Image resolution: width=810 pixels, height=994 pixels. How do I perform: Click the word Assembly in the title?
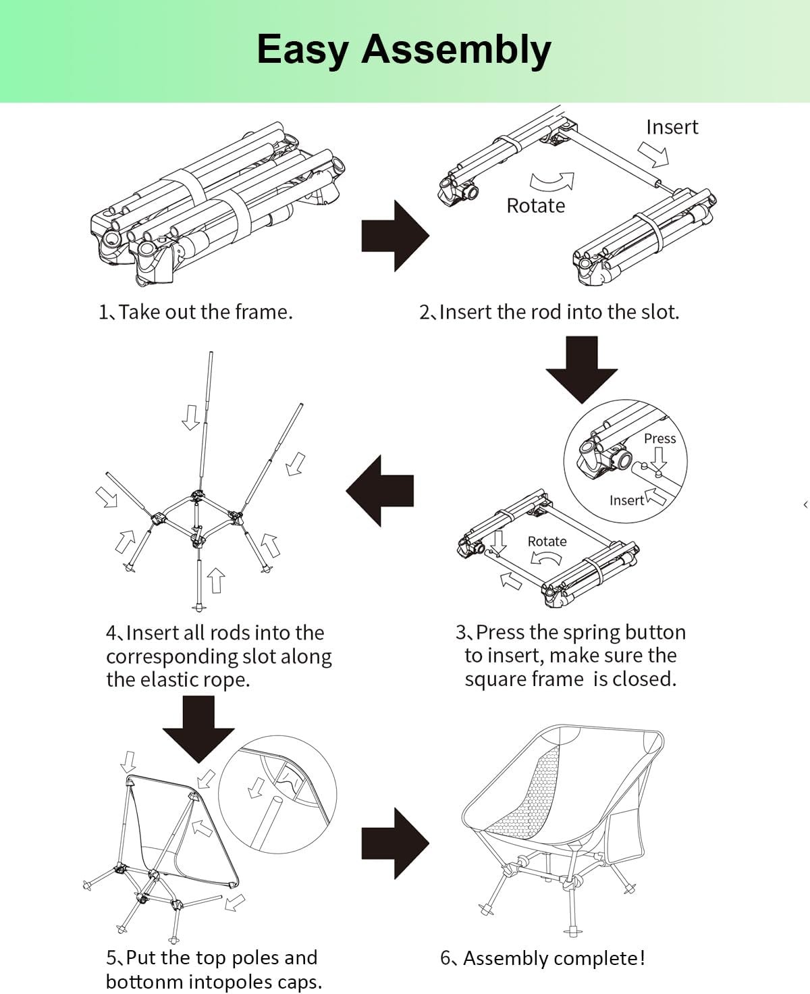[456, 50]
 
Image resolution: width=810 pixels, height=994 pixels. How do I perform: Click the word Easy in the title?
[302, 50]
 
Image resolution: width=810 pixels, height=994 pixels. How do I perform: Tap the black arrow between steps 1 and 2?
[394, 236]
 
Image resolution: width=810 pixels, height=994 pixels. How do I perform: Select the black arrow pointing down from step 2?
[581, 369]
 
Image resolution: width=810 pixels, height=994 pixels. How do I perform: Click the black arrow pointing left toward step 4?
[381, 491]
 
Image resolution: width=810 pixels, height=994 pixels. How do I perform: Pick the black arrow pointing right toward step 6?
[394, 843]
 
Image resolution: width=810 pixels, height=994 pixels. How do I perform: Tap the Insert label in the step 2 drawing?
[672, 127]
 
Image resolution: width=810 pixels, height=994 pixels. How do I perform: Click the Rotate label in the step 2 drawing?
[535, 205]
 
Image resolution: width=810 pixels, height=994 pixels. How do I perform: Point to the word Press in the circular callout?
[659, 438]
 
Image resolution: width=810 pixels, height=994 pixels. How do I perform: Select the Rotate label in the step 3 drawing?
[547, 542]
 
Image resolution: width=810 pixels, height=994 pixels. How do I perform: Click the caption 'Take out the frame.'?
[205, 312]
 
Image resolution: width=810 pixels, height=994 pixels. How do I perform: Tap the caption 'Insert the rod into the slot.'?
[558, 312]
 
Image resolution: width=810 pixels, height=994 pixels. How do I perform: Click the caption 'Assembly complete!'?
[553, 958]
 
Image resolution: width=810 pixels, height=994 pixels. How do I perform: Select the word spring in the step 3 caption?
[593, 632]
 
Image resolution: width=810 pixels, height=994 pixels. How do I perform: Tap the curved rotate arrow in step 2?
[552, 182]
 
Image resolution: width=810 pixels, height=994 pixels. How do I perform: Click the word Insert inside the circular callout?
[626, 500]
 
